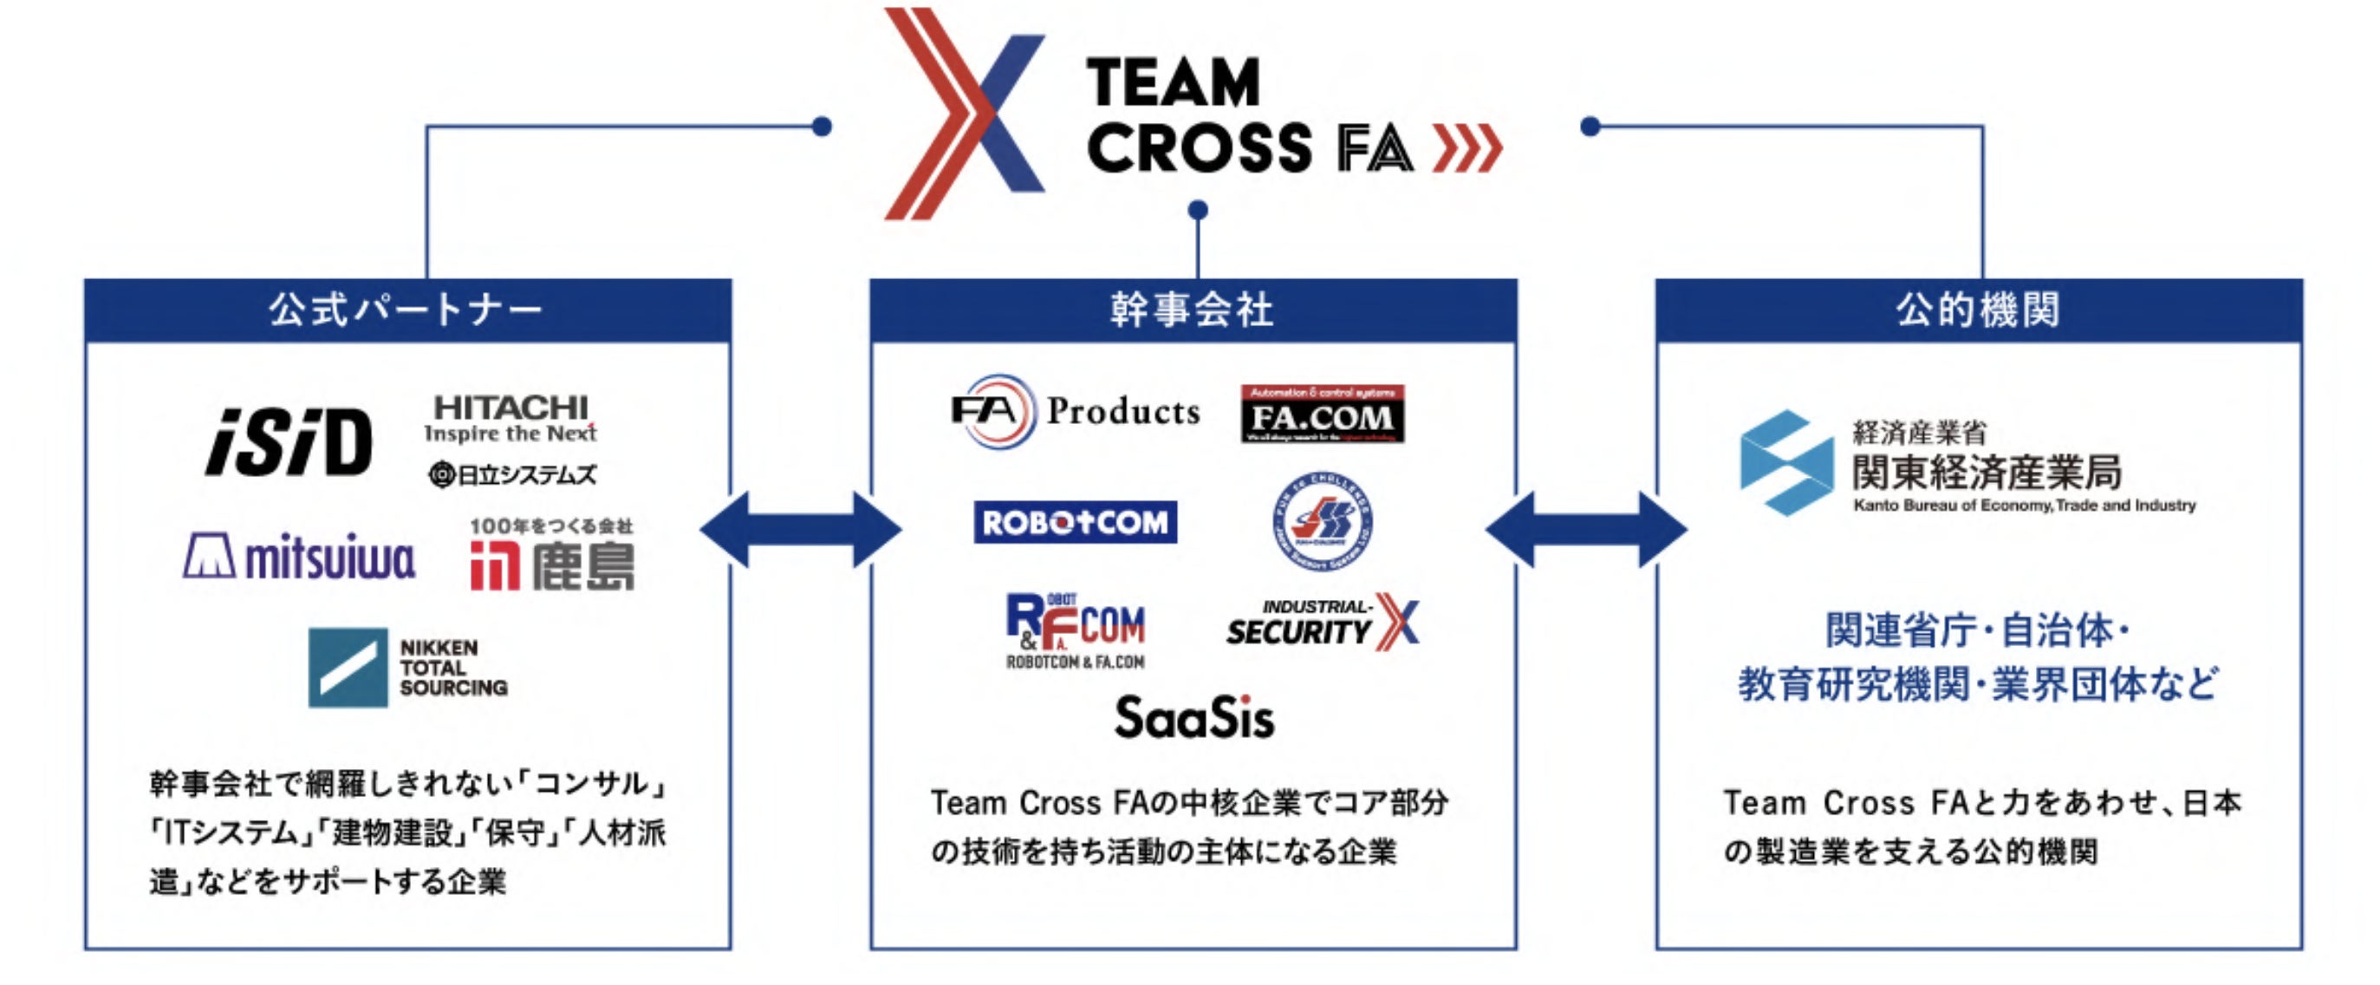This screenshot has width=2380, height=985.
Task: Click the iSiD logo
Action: (x=289, y=442)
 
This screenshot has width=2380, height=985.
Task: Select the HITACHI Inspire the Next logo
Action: (x=510, y=418)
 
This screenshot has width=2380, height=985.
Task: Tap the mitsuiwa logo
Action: (x=299, y=558)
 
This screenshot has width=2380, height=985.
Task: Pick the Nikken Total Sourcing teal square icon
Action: (x=348, y=667)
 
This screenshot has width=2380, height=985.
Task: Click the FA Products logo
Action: (x=1076, y=411)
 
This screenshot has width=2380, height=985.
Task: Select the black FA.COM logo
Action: (x=1322, y=414)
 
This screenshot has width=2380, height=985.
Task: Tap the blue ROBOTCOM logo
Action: (x=1075, y=522)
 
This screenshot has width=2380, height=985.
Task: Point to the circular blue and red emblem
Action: (x=1321, y=522)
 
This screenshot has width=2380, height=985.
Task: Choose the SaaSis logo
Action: (x=1193, y=718)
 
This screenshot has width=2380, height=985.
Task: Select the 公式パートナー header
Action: (x=407, y=310)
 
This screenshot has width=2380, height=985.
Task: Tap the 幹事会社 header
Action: (x=1193, y=310)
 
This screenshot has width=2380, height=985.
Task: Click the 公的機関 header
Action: (x=1978, y=310)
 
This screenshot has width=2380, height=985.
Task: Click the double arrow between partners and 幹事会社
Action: (x=800, y=530)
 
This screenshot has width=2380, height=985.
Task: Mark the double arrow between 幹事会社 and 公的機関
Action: (x=1585, y=530)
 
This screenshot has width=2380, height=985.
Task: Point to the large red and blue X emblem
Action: (x=964, y=113)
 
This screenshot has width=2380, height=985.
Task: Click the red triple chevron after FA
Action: (x=1467, y=149)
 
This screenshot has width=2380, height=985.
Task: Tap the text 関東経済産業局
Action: (x=1987, y=473)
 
